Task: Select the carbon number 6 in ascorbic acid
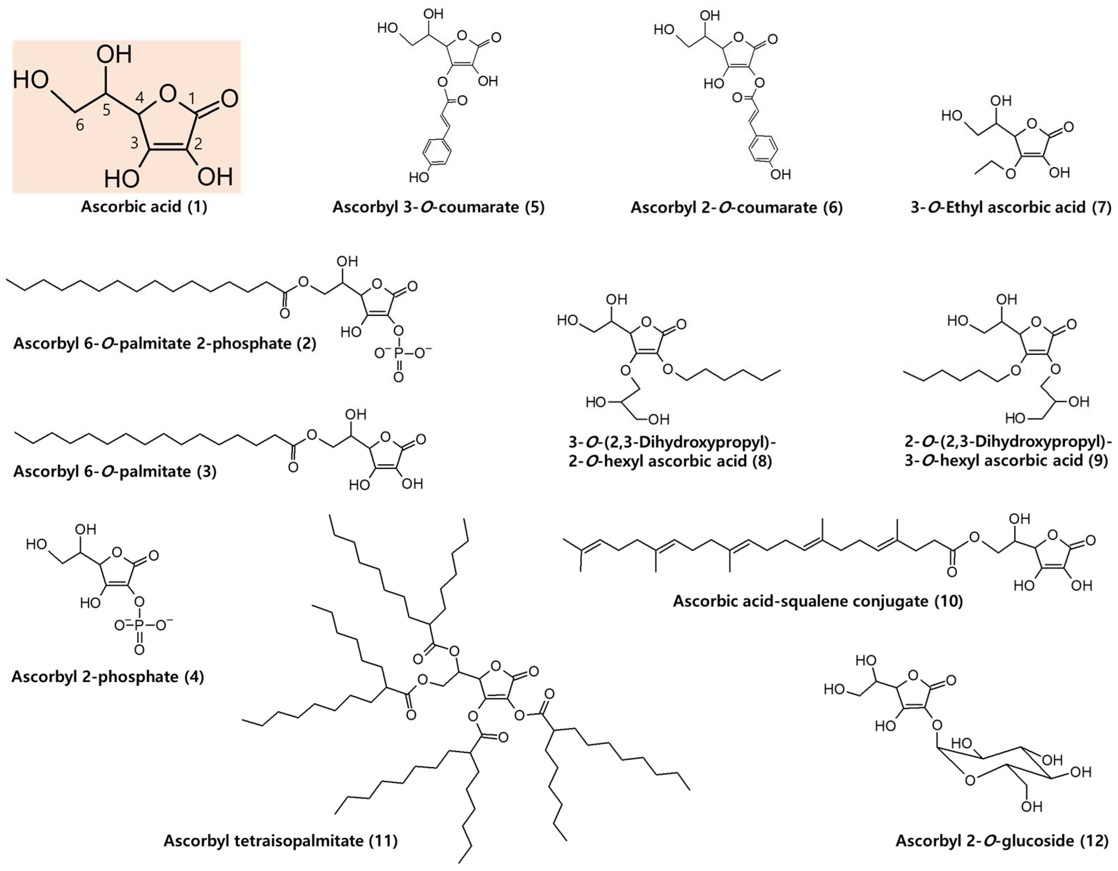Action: [80, 125]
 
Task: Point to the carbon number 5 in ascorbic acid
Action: [106, 110]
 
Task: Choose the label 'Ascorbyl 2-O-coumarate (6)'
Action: [736, 207]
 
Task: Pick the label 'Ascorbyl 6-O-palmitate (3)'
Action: [115, 471]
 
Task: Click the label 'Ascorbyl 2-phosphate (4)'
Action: [108, 677]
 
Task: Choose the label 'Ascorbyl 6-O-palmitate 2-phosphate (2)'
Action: [165, 343]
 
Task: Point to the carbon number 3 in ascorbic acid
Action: [134, 143]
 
